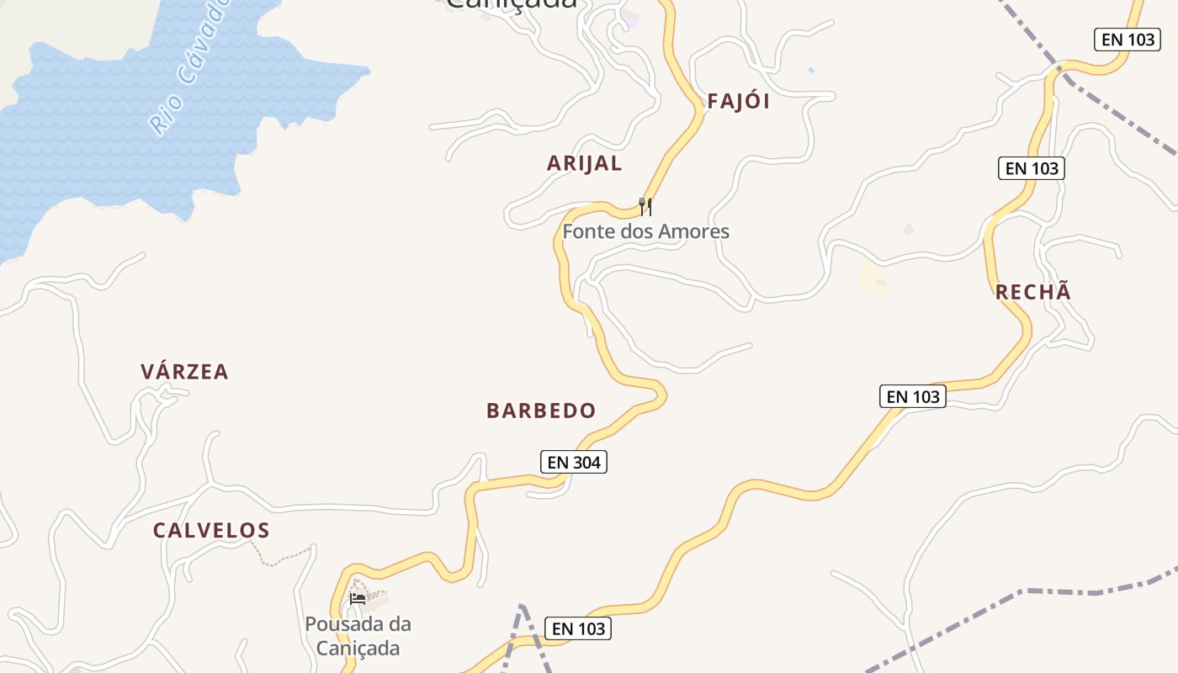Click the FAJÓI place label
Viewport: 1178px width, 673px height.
(x=738, y=102)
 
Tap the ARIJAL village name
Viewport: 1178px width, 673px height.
(x=584, y=163)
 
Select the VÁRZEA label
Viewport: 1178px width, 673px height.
(x=184, y=372)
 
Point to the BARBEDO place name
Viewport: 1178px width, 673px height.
(x=541, y=411)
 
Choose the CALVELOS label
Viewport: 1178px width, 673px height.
(x=211, y=531)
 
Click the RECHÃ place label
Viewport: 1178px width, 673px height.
(x=1033, y=292)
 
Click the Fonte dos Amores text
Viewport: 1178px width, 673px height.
(x=645, y=231)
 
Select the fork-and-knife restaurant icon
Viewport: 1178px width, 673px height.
(x=645, y=206)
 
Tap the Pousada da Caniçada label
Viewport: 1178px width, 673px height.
(x=358, y=636)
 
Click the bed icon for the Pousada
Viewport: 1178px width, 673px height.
(x=358, y=599)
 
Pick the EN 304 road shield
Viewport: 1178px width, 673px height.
(x=573, y=462)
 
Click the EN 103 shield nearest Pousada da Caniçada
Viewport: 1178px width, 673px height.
(x=578, y=628)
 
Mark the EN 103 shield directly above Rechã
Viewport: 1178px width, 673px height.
(x=1032, y=168)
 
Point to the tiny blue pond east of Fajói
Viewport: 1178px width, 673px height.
(x=811, y=71)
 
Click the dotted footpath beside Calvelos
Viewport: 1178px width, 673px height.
(x=282, y=558)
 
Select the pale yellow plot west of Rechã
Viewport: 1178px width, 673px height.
(x=873, y=276)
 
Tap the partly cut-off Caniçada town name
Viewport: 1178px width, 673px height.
(x=512, y=4)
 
